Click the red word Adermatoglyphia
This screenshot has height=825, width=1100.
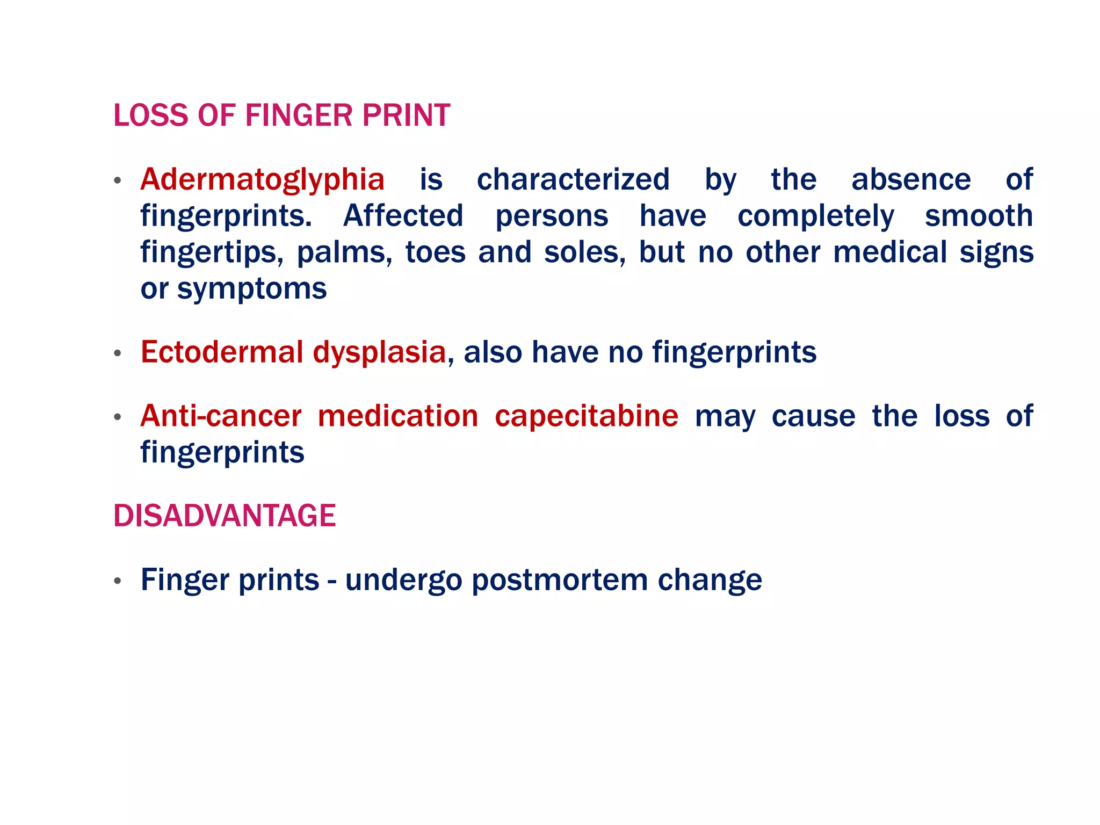point(262,180)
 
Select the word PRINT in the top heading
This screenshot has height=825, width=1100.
point(406,115)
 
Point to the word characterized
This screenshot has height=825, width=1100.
point(573,179)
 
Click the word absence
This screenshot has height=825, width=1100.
point(911,179)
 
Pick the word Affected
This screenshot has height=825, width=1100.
point(403,216)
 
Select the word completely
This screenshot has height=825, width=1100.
point(815,217)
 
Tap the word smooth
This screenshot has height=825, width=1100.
point(979,216)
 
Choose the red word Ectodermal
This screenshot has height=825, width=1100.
point(222,352)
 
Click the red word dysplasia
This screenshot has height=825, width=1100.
point(379,353)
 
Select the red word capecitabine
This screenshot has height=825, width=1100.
point(587,416)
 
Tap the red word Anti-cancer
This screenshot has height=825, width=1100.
point(221,416)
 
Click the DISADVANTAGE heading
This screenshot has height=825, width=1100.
point(225,516)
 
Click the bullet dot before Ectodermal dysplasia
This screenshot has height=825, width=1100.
point(118,353)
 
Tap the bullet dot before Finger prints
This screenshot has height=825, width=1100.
point(118,581)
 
